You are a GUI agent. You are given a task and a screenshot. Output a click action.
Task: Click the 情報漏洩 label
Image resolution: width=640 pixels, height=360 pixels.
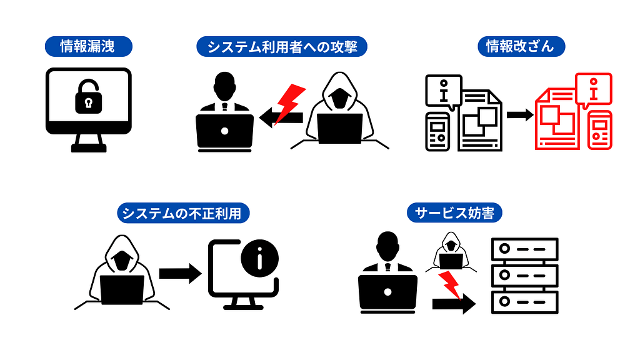point(87,46)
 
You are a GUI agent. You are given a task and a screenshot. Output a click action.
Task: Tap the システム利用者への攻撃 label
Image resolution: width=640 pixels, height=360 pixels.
point(282,46)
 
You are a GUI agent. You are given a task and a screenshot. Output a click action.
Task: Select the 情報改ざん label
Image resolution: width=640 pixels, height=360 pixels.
point(520,46)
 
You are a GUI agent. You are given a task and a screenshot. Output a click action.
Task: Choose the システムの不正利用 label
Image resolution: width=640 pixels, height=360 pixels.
point(183,214)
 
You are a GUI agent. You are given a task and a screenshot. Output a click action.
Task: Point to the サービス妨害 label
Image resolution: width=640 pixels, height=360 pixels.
point(454,213)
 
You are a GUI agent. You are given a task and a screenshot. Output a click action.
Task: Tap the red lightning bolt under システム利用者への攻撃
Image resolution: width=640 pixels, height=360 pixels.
point(289,102)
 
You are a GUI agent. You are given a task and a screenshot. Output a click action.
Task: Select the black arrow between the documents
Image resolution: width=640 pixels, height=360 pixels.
point(520,115)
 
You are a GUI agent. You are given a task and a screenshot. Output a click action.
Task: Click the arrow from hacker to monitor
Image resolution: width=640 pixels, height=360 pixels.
point(179,273)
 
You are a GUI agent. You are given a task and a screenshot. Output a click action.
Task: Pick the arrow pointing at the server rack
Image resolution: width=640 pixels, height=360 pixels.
point(453,304)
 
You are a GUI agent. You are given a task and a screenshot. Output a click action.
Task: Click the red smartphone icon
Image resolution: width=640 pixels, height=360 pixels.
point(601,131)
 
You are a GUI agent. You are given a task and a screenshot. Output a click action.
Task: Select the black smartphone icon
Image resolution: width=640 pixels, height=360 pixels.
point(438,131)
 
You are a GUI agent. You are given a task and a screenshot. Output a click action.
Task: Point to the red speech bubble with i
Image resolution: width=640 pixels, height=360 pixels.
point(593,89)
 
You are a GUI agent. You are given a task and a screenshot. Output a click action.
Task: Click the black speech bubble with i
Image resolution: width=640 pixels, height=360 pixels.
point(443,90)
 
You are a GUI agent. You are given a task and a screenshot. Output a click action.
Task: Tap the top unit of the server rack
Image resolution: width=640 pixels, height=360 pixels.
point(524,249)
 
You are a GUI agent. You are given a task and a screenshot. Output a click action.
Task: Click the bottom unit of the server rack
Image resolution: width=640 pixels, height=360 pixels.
point(524,302)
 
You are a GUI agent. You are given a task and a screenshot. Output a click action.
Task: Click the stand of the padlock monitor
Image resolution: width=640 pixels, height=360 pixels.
point(89,144)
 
